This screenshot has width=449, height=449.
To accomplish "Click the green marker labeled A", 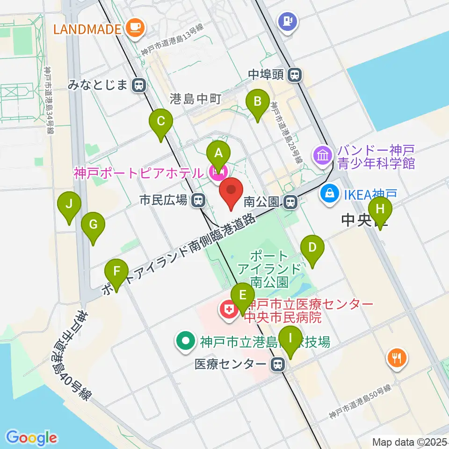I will point(218,152).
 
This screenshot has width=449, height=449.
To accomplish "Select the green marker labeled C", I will point(160,123).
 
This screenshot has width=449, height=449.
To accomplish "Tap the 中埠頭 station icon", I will point(295,74).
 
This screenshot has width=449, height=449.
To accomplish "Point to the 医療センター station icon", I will point(279,364).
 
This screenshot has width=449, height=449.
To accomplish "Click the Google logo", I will point(31,437).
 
